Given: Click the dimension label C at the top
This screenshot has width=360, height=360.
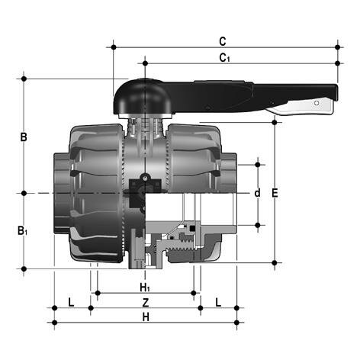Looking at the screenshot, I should pos(222,40).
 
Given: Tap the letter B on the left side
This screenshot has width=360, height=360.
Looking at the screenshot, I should pos(24,137).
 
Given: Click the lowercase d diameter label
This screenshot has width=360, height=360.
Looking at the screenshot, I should pos(257,193).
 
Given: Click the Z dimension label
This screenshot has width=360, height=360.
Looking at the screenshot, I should pos(145,302).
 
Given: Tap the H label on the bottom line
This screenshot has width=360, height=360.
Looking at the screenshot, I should pos(145,316).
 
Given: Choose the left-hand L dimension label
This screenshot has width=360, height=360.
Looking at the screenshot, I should pos(71,302).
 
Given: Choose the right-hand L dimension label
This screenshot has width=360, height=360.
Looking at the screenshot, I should pos(218,302).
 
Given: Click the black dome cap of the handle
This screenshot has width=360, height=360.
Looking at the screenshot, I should pos(134,94).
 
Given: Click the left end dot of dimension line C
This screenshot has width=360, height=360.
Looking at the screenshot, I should pos(114,47).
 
